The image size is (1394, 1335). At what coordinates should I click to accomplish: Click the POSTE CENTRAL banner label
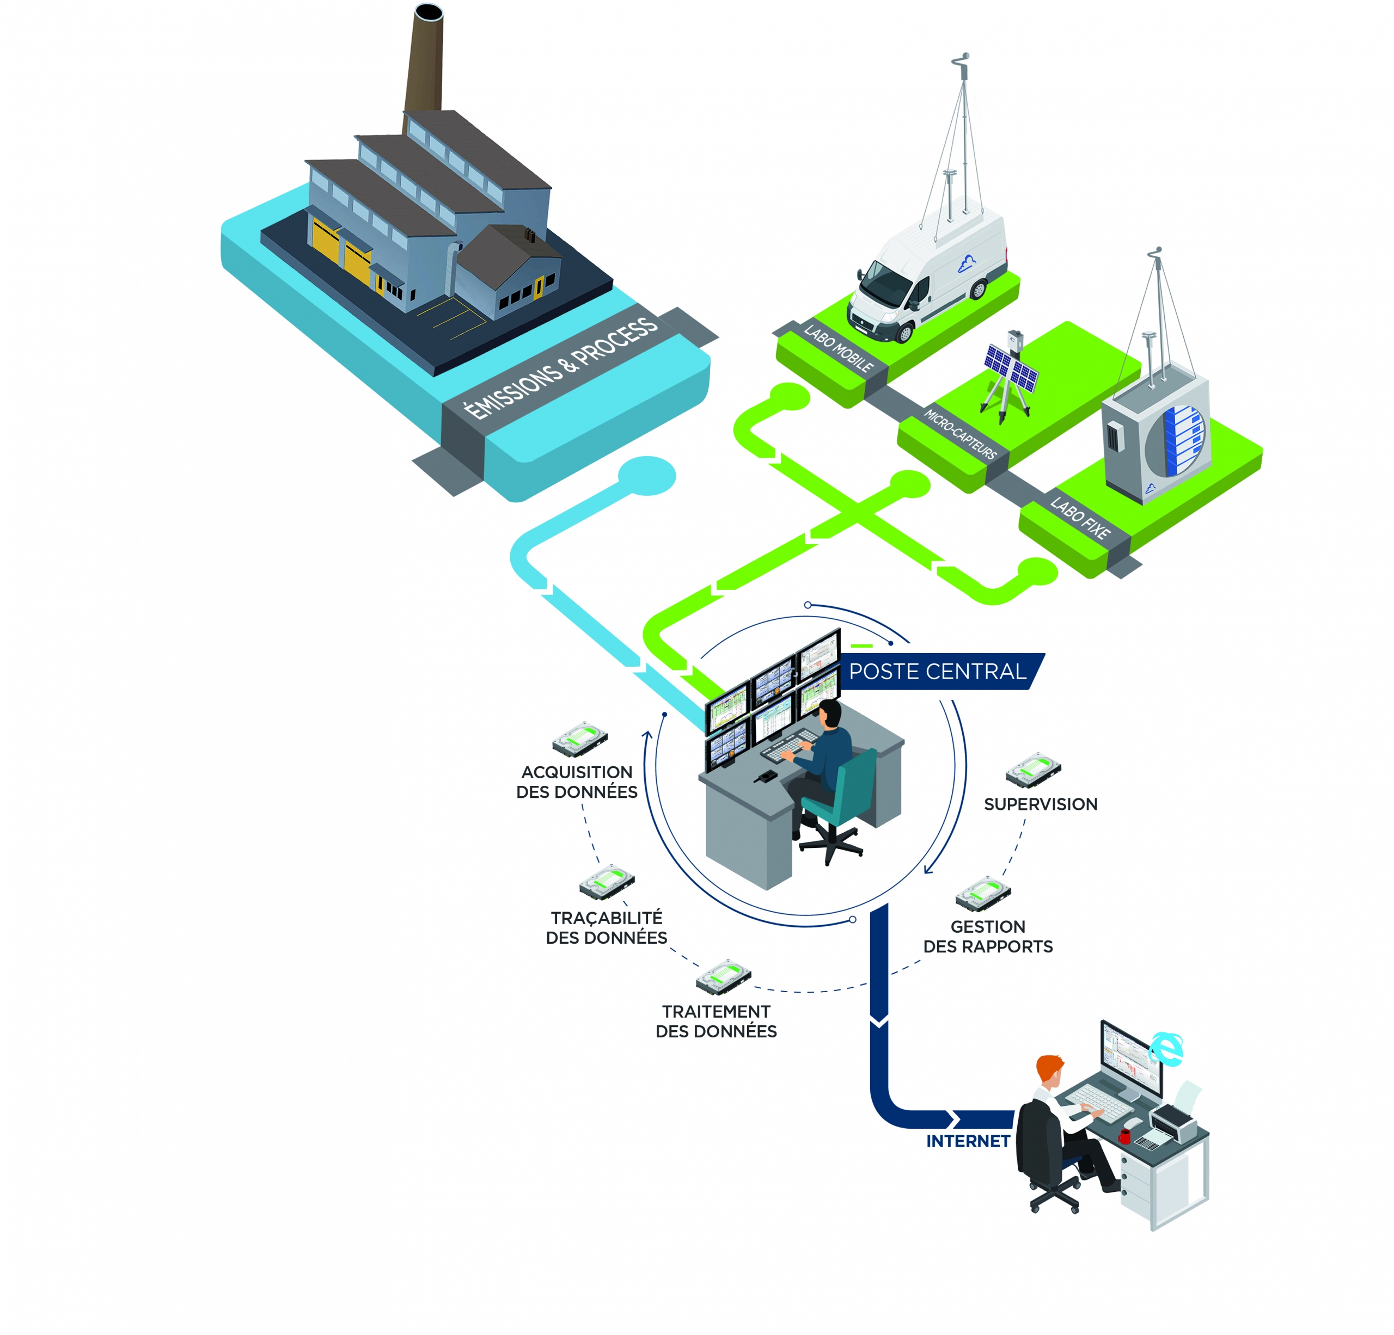tap(937, 671)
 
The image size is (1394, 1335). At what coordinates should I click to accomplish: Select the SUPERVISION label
tap(1040, 804)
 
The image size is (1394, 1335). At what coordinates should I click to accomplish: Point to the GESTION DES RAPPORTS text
tap(987, 936)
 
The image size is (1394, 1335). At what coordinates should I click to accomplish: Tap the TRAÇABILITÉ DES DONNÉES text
tap(606, 928)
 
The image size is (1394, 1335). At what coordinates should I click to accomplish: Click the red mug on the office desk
tap(1124, 1135)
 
